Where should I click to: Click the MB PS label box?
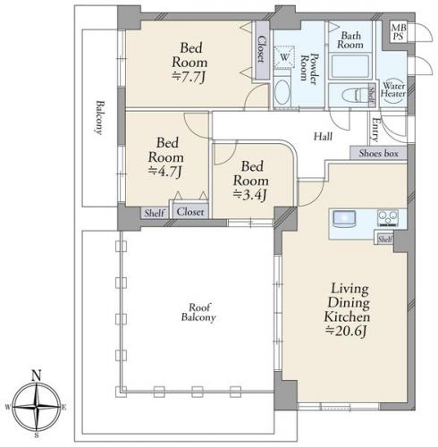(398, 32)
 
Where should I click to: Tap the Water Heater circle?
(393, 90)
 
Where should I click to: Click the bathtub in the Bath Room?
(350, 67)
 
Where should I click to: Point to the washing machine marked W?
(284, 57)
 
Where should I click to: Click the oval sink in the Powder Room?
(282, 91)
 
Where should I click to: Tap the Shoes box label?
(378, 154)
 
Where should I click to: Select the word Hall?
(323, 137)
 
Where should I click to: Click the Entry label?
(375, 130)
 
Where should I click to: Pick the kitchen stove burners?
(388, 218)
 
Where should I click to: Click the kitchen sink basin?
(344, 219)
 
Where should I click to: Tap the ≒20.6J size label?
(346, 331)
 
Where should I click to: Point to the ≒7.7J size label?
(189, 78)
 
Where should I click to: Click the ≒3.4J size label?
(249, 195)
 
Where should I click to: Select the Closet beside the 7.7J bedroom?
(262, 50)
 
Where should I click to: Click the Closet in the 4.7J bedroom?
(190, 212)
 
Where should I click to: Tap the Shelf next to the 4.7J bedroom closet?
(155, 214)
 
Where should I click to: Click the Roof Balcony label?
(198, 313)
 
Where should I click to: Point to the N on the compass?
(36, 375)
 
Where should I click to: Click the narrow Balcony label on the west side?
(100, 118)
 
